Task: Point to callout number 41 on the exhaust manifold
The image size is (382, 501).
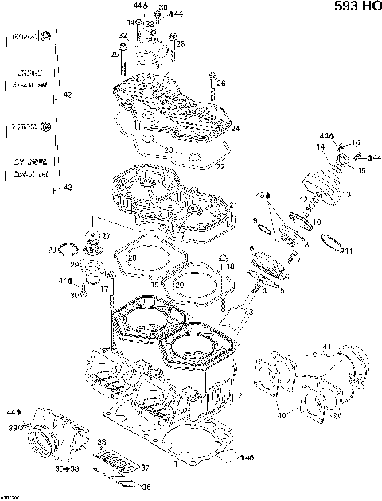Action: tap(325, 346)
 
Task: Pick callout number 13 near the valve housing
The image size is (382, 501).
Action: tap(346, 195)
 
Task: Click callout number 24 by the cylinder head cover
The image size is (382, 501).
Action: tap(236, 129)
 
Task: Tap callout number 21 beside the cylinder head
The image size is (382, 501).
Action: tap(234, 206)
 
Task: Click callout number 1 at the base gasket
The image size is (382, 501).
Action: tap(175, 462)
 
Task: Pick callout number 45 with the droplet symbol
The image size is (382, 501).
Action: tap(260, 195)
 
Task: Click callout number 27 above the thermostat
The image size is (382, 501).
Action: tap(107, 235)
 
